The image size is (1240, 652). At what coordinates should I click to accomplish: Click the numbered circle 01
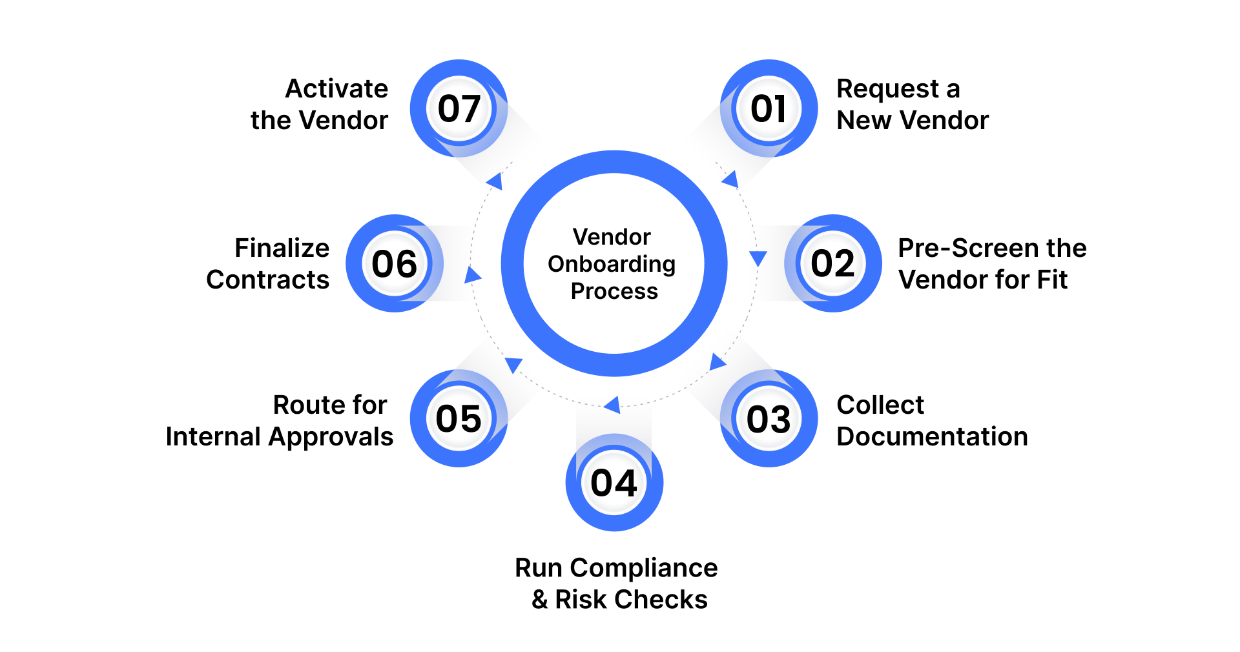(x=769, y=108)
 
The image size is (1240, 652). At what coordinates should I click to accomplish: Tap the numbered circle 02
(x=833, y=263)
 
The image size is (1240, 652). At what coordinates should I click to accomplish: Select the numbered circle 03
(x=769, y=418)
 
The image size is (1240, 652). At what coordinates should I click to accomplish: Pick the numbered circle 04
(x=614, y=483)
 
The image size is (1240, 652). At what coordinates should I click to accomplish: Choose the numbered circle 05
(x=459, y=418)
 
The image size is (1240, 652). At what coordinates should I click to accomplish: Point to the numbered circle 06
(x=395, y=263)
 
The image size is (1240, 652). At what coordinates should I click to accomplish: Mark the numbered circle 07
(x=459, y=108)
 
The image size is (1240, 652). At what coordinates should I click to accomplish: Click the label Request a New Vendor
(x=912, y=105)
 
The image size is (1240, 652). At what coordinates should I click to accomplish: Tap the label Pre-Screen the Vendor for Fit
(x=992, y=264)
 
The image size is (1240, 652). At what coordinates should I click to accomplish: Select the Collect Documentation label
(x=932, y=421)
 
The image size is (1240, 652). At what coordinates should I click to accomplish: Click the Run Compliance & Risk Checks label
(x=617, y=584)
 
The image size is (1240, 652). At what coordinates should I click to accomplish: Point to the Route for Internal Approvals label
(x=280, y=421)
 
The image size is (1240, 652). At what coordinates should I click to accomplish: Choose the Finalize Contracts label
(x=268, y=264)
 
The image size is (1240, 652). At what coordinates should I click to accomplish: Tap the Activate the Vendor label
(x=320, y=105)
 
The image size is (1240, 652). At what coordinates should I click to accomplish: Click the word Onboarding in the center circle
(x=612, y=264)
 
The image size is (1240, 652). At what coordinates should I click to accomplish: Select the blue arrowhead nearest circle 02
(x=758, y=258)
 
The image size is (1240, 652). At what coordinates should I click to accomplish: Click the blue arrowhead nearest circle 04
(x=612, y=405)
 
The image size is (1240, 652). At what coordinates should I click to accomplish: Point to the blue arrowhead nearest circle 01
(x=730, y=179)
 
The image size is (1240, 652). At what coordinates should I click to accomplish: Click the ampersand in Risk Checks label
(x=540, y=600)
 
